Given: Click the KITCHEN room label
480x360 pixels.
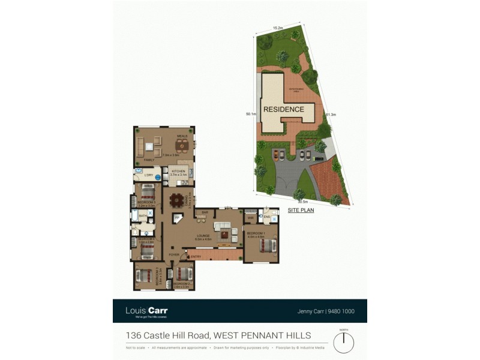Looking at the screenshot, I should coord(178,171).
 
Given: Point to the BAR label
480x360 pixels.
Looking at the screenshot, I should coord(205,213).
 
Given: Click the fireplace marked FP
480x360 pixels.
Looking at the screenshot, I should coord(177,217).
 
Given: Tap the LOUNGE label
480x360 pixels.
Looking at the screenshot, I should coord(202,236).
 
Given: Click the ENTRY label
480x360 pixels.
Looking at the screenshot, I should coord(196,257).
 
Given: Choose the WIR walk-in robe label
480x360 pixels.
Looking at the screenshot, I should coord(251,218).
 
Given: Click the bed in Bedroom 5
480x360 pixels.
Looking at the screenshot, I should coord(146,193).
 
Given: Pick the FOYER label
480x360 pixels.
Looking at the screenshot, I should coord(174,254).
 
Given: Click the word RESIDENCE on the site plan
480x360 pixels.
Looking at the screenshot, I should coord(284,109).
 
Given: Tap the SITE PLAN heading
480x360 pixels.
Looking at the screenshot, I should coord(301,211).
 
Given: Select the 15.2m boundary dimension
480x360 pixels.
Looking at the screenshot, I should coord(278,27).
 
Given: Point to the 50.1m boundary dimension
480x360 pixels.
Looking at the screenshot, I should coord(251,113).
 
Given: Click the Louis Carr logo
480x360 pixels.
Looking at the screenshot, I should coord(146,311).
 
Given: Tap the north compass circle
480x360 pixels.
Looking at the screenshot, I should coord(344,343).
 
